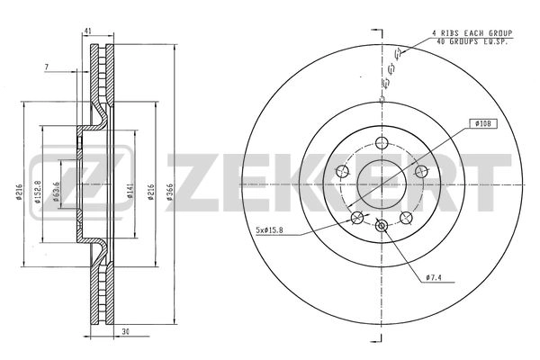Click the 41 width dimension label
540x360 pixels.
pos(88,31)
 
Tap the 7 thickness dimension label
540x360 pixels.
pos(47,67)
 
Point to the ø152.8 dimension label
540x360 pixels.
pos(38,192)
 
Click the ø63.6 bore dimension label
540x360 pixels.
pos(57,192)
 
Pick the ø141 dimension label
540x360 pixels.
pos(130,192)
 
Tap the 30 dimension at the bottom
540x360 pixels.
pos(126,332)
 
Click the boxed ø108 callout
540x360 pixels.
pos(483,123)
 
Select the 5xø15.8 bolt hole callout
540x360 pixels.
pos(270,230)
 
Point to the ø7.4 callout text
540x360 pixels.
pos(434,277)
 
